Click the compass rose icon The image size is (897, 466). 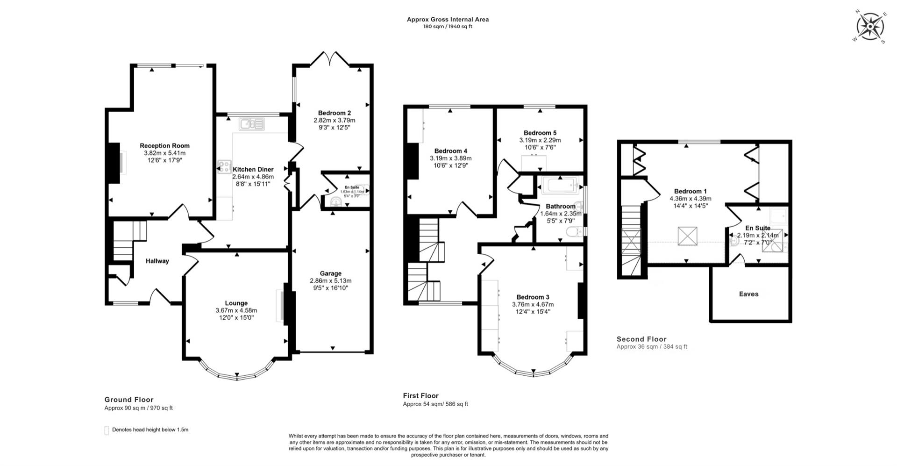[870, 26]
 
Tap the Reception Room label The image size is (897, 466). [164, 146]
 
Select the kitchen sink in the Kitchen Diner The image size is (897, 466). [251, 124]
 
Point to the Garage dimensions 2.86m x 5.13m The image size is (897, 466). [330, 281]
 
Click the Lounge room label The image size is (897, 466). [236, 303]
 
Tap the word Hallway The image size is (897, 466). [157, 261]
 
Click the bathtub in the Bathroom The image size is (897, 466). [560, 186]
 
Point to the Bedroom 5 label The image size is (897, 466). [540, 133]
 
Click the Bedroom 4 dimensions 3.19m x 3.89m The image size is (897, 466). [450, 158]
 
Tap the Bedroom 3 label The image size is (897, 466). [533, 297]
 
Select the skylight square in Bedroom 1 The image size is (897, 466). [687, 236]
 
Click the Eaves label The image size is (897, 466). [748, 294]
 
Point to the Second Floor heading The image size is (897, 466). [641, 339]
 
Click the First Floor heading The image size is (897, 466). [420, 395]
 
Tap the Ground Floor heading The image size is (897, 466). [129, 399]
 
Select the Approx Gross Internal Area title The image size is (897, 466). [448, 19]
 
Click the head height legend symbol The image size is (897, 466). [107, 430]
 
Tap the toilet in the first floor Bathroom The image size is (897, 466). [573, 231]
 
